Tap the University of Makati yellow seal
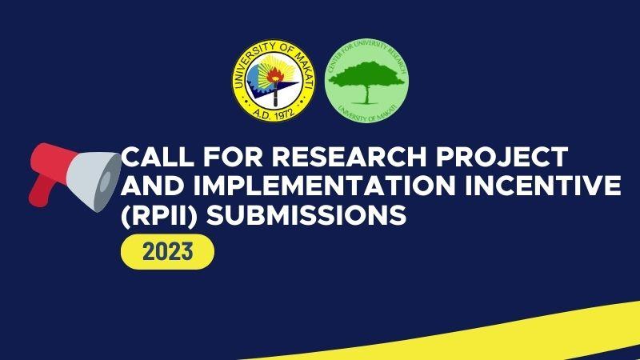271,83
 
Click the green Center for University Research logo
367,83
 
